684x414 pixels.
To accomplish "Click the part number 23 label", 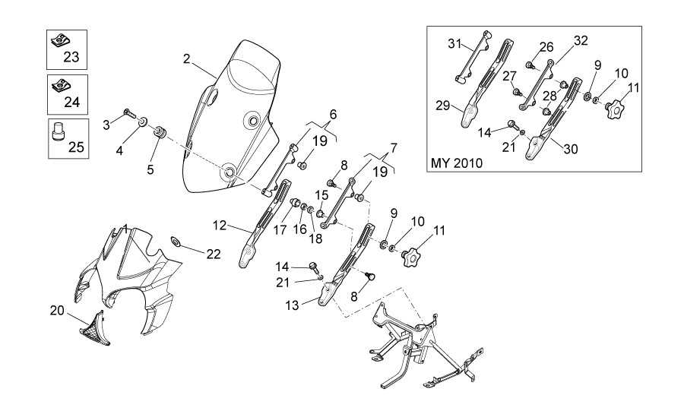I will pyautogui.click(x=71, y=57).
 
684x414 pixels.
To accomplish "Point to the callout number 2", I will pyautogui.click(x=187, y=58).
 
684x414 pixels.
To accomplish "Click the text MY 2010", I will pyautogui.click(x=457, y=163).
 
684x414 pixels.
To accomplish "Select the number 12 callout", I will pyautogui.click(x=220, y=226).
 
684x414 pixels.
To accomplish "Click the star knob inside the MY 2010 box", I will pyautogui.click(x=616, y=108).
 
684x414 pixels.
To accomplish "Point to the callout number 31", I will pyautogui.click(x=454, y=43).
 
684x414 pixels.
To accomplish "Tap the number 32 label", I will pyautogui.click(x=581, y=40).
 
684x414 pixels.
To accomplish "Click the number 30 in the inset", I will pyautogui.click(x=570, y=150).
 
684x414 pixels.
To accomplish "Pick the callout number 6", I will pyautogui.click(x=332, y=115).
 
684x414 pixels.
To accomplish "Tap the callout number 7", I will pyautogui.click(x=394, y=146).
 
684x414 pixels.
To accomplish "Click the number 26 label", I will pyautogui.click(x=546, y=47).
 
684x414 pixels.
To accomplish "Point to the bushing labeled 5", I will pyautogui.click(x=160, y=135).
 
